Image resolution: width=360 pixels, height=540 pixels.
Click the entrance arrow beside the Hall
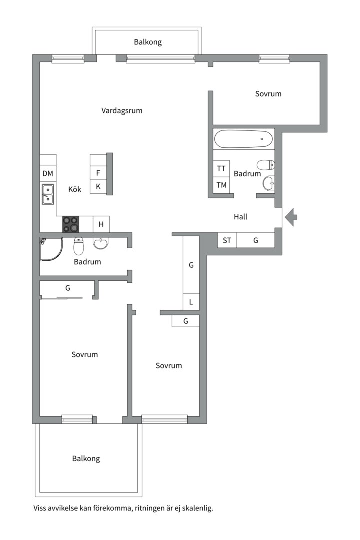point(291,217)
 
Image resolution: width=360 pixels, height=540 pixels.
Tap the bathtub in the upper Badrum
point(244,139)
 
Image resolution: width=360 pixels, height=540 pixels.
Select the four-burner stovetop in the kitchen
point(70,224)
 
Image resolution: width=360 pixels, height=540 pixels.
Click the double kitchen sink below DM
point(48,194)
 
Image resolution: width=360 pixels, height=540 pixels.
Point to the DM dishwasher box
point(48,174)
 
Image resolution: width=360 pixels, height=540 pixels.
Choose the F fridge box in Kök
point(98,173)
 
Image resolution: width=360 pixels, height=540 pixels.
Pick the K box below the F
point(98,186)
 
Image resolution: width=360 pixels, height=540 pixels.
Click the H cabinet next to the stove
point(101,224)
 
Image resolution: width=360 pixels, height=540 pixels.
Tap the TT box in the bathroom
point(221,169)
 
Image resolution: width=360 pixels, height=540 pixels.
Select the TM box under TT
point(221,185)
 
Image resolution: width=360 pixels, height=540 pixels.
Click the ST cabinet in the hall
point(227,240)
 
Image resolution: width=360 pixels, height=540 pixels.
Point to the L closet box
point(191,302)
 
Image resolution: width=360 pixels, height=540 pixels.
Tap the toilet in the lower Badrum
point(79,246)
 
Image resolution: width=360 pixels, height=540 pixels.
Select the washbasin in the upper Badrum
point(269,183)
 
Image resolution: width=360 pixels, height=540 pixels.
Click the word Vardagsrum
point(122,111)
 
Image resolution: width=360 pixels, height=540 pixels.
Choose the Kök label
point(75,189)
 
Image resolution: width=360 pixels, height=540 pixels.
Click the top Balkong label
point(148,42)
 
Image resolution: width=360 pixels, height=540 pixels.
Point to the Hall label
point(241,217)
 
